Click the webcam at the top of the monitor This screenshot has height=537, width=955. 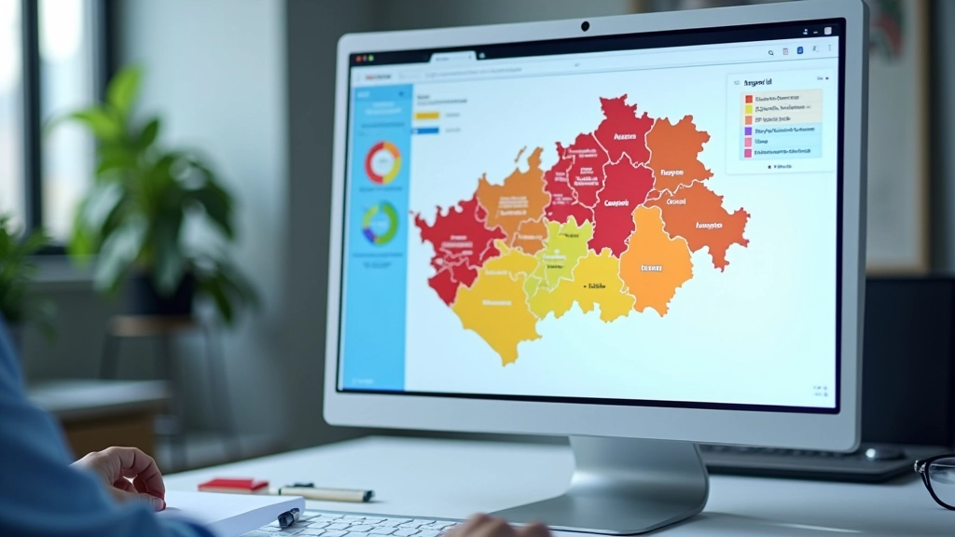click(585, 26)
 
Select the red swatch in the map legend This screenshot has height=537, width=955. click(748, 98)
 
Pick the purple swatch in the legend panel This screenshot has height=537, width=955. click(748, 131)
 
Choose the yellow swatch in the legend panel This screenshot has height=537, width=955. click(748, 109)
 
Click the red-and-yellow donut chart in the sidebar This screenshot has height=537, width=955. click(382, 162)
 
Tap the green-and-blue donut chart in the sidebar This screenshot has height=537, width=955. click(381, 223)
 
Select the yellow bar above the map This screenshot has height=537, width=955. click(427, 117)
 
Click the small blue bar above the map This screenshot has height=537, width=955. click(427, 131)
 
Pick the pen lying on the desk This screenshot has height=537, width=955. click(326, 493)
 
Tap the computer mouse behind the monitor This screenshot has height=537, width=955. click(883, 453)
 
